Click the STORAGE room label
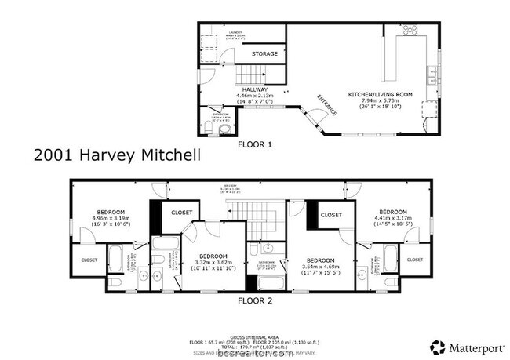coord(264,54)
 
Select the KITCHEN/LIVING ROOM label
coord(381,94)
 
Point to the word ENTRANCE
coord(327,104)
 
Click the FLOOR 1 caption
coord(255,144)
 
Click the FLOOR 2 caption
coord(255,300)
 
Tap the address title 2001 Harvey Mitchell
coord(116,155)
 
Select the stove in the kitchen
coord(410,31)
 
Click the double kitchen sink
coord(432,76)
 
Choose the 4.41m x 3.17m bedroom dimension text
coord(392,218)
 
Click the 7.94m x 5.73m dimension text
coord(381,101)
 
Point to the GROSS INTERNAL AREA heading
coord(254,335)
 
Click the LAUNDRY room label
coord(213,32)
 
